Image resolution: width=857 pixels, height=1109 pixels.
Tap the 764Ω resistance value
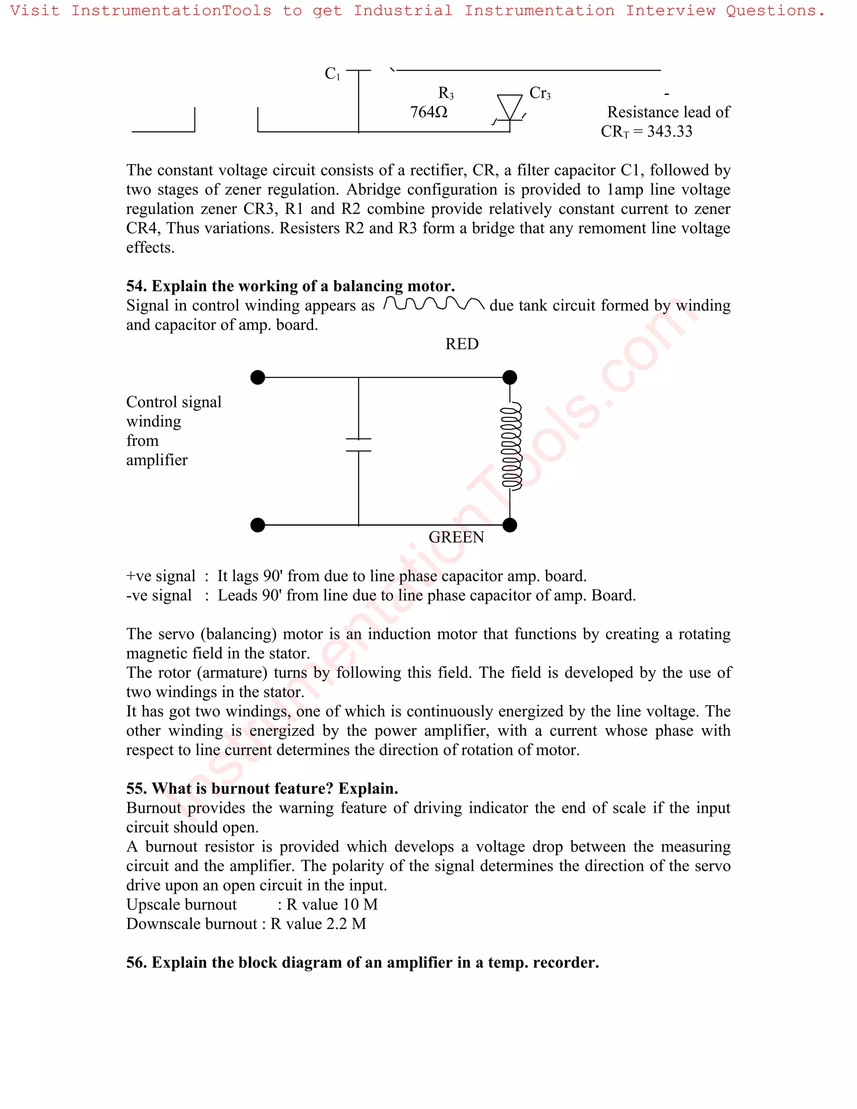(x=428, y=112)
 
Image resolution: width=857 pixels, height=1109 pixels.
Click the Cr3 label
(x=540, y=93)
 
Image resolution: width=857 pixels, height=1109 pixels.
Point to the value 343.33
(x=669, y=131)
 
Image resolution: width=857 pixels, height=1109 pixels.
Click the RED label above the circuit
(x=462, y=344)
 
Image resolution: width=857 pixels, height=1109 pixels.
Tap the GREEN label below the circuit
(x=456, y=537)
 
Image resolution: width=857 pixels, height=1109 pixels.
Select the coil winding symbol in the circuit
(x=511, y=447)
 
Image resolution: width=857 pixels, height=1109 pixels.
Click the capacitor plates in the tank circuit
(x=359, y=445)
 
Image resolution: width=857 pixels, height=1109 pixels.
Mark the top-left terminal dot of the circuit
(x=258, y=377)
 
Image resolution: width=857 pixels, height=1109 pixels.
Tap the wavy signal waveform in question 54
(x=434, y=304)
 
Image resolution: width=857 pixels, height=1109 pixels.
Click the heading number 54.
(x=136, y=286)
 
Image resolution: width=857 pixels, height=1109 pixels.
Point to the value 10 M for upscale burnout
(x=360, y=904)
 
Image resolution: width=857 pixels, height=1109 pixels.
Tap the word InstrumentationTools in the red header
(x=171, y=10)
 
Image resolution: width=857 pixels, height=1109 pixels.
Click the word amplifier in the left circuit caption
(x=157, y=460)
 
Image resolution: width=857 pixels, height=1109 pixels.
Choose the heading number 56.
(x=136, y=963)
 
